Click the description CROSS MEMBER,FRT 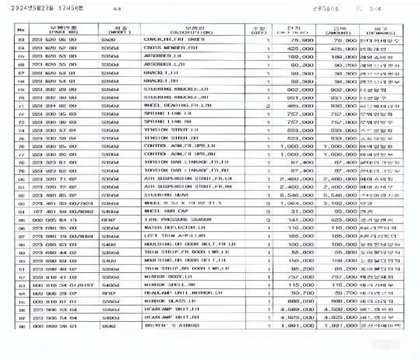tap(164, 48)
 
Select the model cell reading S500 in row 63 tap(108, 40)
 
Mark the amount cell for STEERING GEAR tap(339, 196)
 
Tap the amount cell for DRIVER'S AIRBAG tap(340, 326)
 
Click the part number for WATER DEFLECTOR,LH tap(54, 228)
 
